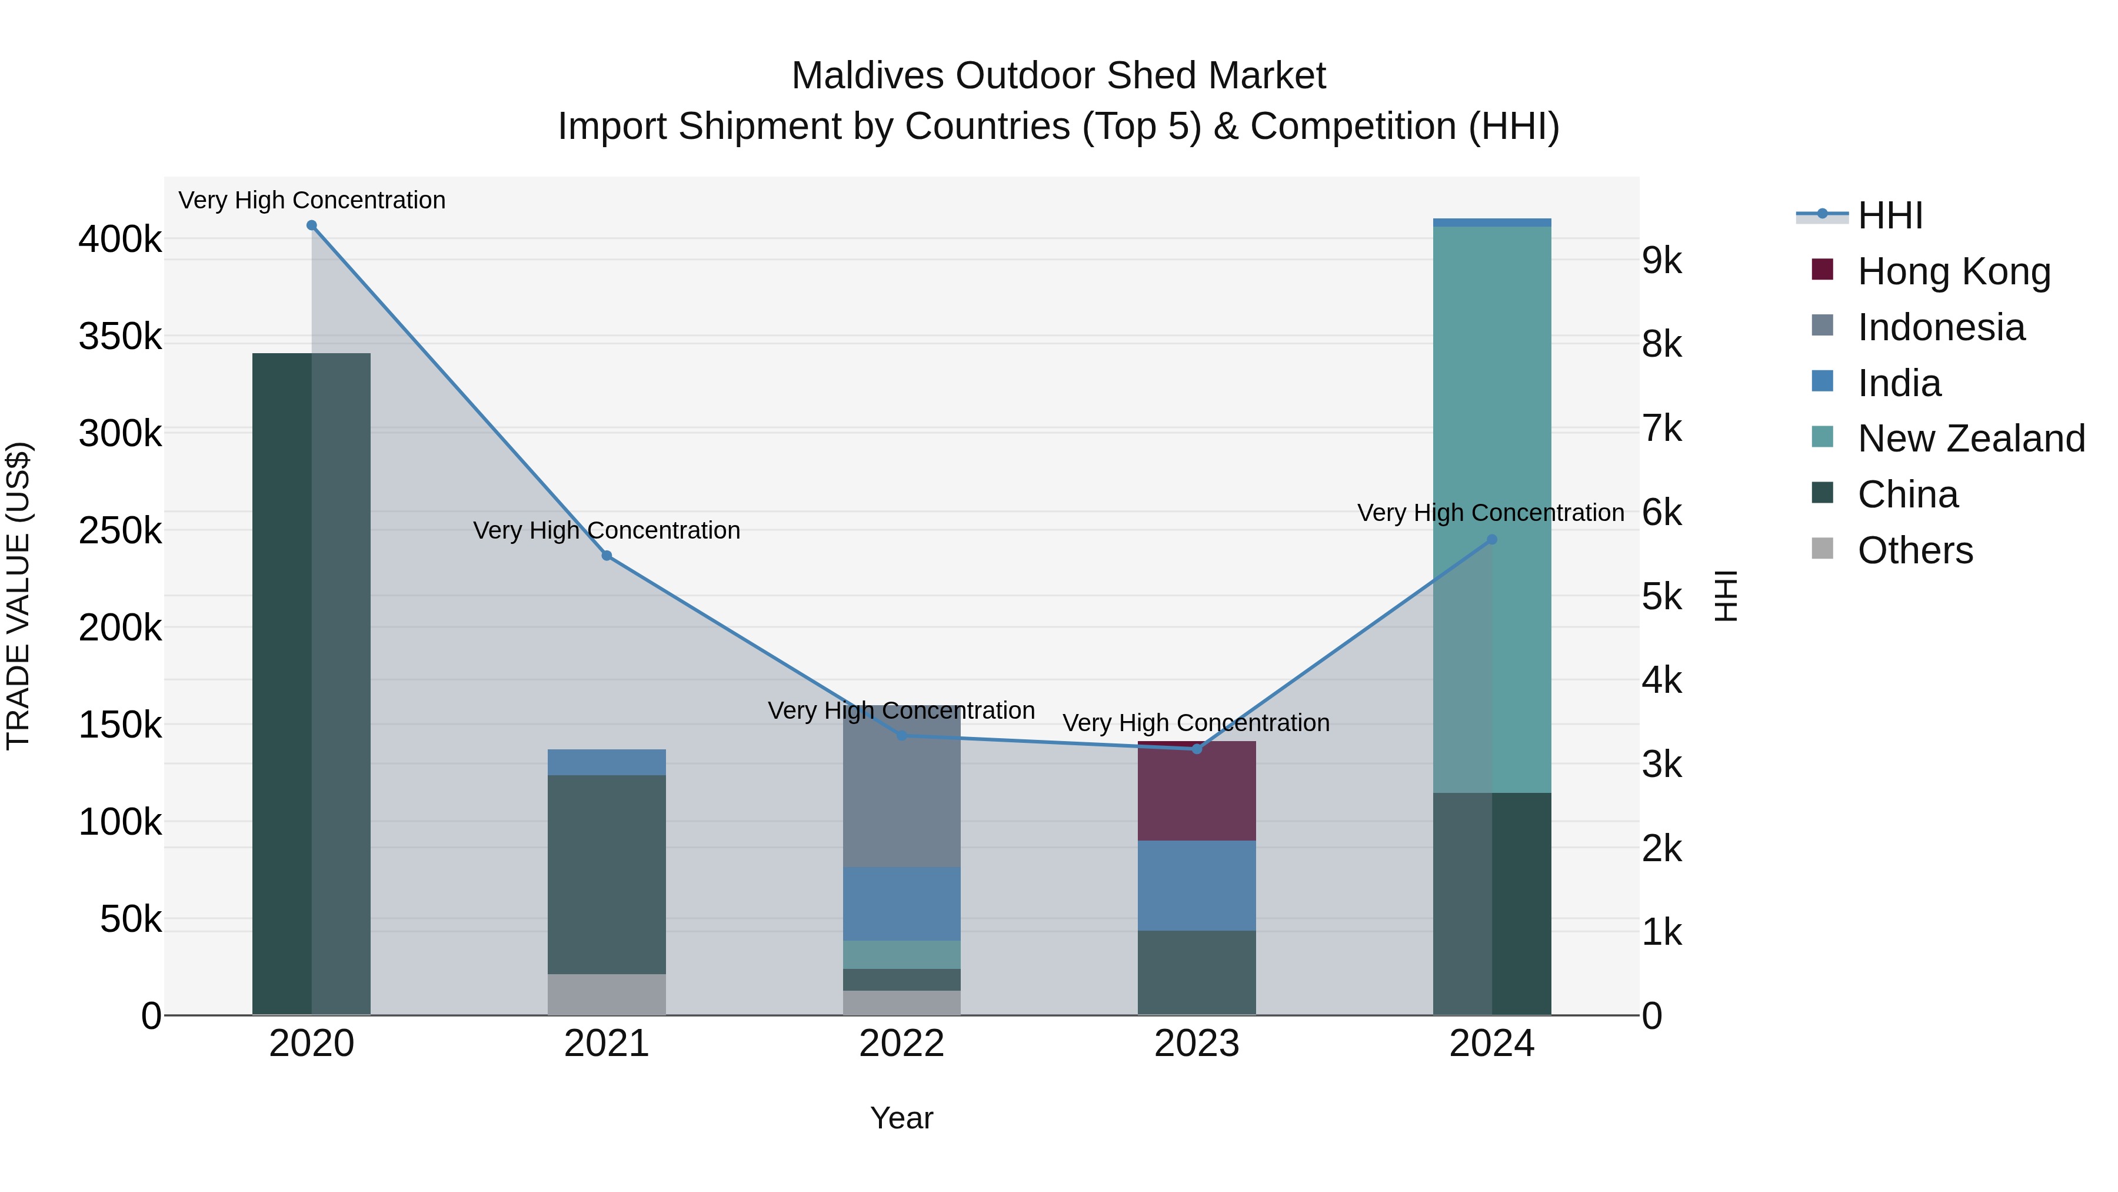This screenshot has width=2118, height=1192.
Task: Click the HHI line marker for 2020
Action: coord(312,225)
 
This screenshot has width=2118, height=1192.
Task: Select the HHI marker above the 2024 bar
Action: coord(1492,540)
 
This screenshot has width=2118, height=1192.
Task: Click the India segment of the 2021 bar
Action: coord(607,762)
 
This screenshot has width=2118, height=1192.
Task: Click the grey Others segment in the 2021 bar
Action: coord(607,995)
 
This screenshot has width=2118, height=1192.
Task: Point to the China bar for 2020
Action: coord(312,683)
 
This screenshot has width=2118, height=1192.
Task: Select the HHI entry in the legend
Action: coord(1889,215)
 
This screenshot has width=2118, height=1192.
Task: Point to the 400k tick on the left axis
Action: coord(120,240)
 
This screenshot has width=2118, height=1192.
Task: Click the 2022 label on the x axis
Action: coord(902,1044)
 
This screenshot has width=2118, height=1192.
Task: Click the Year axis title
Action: coord(902,1118)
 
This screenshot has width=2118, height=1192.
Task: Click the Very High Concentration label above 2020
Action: coord(312,200)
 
